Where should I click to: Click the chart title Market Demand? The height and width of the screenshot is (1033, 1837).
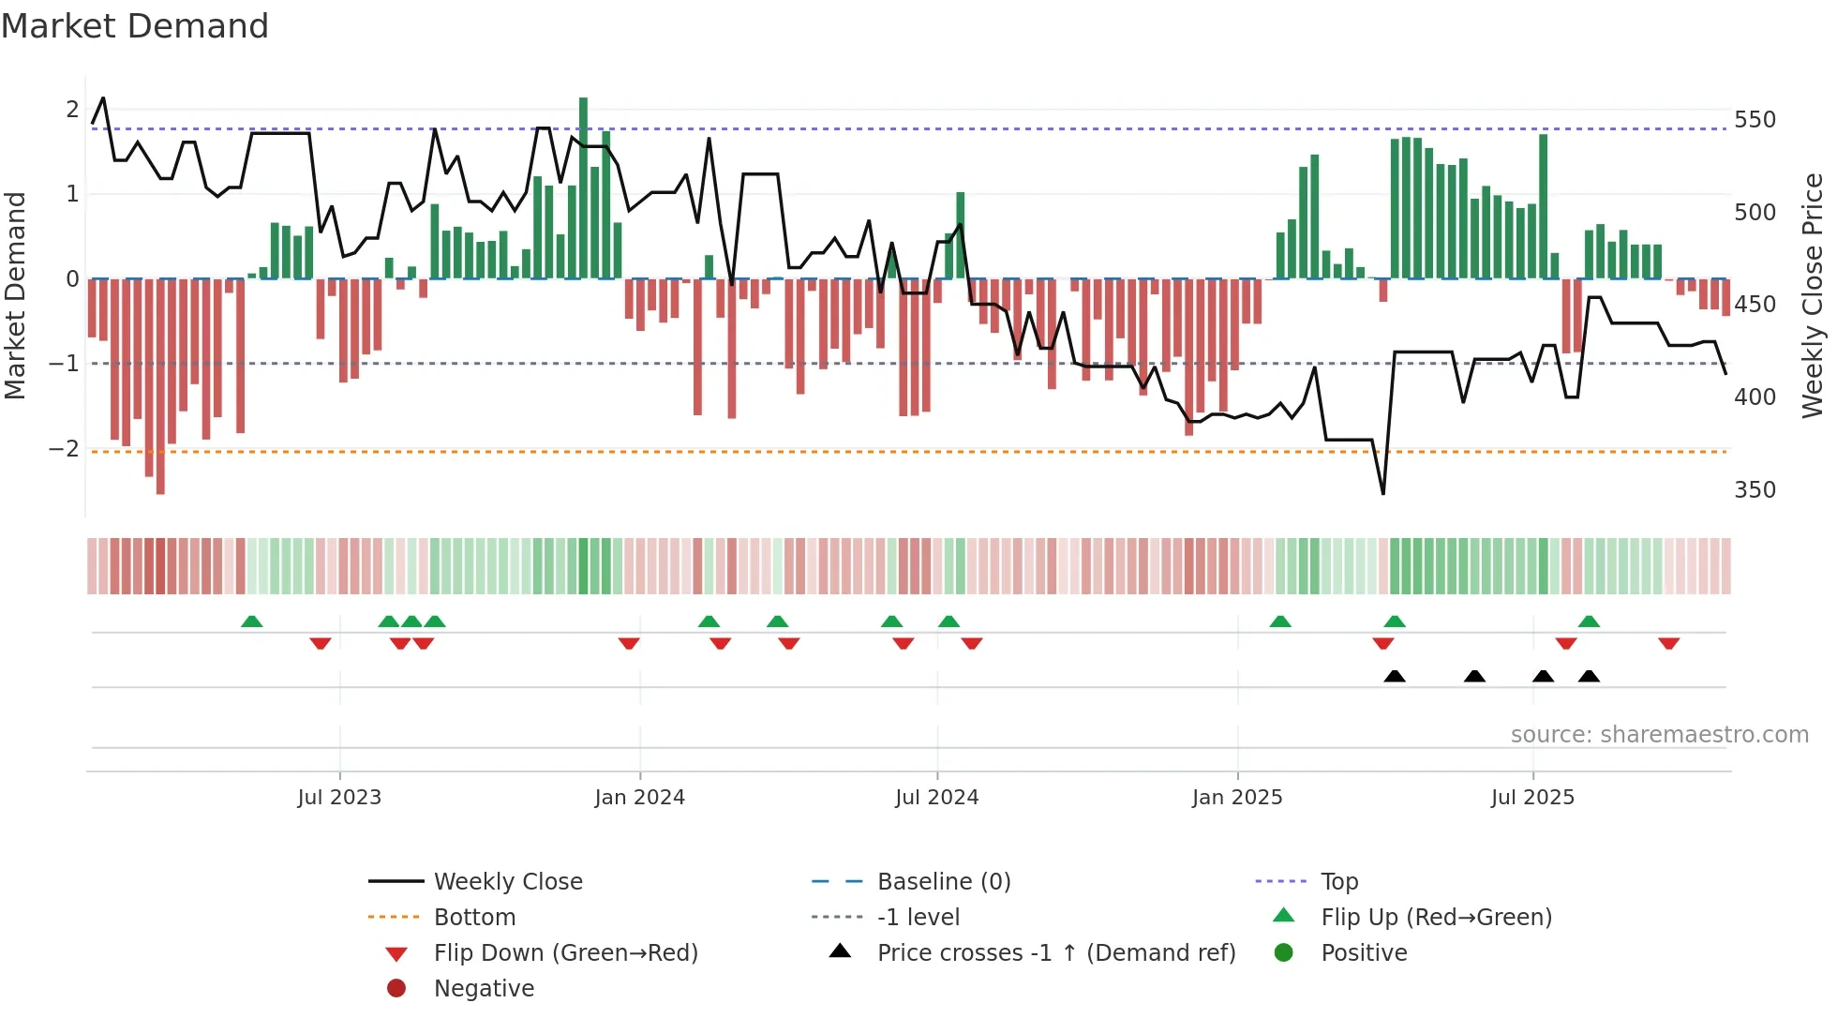(x=135, y=26)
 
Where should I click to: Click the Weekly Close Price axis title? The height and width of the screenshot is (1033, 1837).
(x=1813, y=295)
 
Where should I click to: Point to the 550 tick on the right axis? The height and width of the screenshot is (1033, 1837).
(x=1755, y=120)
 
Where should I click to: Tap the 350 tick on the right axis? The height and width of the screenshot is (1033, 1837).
(x=1755, y=490)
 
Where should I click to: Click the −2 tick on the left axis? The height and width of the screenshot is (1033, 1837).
(x=64, y=449)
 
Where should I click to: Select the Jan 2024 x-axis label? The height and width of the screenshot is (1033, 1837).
(x=639, y=798)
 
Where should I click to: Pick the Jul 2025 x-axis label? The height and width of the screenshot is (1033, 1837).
(x=1532, y=798)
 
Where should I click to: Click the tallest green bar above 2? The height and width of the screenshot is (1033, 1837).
(x=583, y=187)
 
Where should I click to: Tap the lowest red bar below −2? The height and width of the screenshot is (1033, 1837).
(x=160, y=394)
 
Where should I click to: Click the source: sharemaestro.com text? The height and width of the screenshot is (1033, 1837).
(x=1659, y=735)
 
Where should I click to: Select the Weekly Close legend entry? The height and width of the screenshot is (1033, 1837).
(x=507, y=882)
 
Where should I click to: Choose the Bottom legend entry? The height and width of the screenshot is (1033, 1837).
(x=474, y=918)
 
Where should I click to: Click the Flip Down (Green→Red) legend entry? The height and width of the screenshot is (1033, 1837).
(x=565, y=953)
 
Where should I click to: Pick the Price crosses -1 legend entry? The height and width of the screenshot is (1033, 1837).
(x=1056, y=953)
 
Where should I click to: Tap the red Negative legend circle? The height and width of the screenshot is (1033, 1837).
(x=396, y=989)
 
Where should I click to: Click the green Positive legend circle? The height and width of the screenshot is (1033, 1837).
(x=1284, y=953)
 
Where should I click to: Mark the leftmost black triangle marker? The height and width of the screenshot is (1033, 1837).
(x=1395, y=677)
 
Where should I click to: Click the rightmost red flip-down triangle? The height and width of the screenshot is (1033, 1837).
(x=1668, y=643)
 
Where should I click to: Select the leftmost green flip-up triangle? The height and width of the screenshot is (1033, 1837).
(x=251, y=621)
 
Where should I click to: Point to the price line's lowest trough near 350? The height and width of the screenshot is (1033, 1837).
(x=1383, y=492)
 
